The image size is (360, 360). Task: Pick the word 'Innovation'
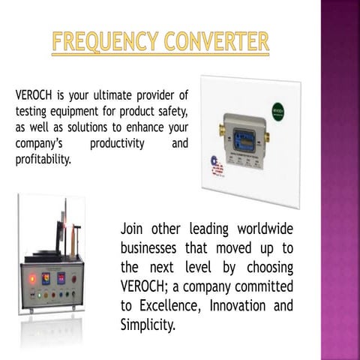(238, 306)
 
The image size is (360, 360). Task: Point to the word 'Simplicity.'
(148, 325)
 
